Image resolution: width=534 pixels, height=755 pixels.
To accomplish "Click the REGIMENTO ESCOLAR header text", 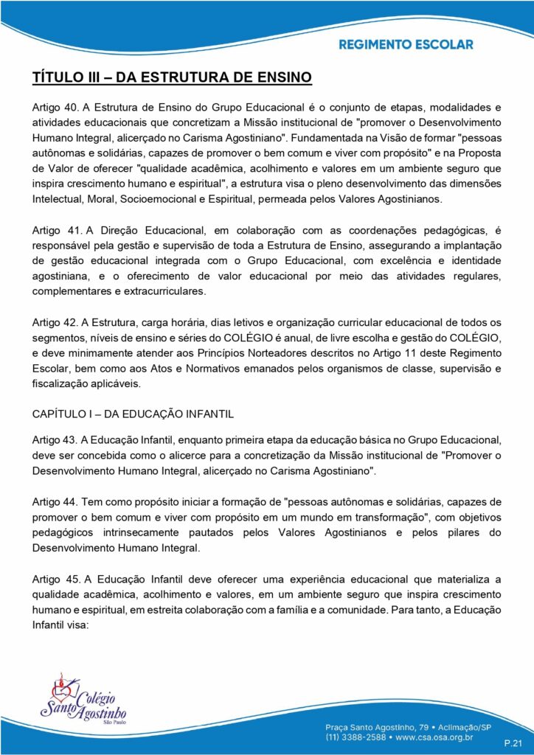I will click(x=406, y=44).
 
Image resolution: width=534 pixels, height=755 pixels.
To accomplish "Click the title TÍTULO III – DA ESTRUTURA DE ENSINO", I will click(x=173, y=77).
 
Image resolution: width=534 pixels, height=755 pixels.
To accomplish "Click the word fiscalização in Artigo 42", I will click(x=61, y=384).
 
